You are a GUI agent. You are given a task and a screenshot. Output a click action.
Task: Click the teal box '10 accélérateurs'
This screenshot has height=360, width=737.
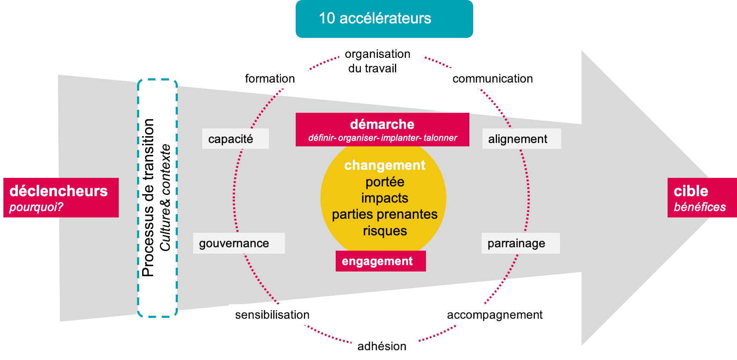coord(384,19)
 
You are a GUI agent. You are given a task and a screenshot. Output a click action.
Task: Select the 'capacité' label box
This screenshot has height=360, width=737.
coord(235,139)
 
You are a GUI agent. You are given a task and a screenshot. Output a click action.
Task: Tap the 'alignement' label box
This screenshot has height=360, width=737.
coord(521,139)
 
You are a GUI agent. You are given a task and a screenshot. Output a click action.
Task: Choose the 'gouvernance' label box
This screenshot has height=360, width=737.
coord(239,243)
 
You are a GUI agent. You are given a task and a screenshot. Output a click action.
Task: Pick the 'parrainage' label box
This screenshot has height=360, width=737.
coord(520,243)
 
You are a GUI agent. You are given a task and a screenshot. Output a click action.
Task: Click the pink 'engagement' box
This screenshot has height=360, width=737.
coord(380,261)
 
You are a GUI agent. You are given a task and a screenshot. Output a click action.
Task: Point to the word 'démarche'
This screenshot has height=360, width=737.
coord(382,124)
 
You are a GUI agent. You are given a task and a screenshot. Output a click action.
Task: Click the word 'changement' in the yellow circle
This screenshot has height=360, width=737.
coord(385,165)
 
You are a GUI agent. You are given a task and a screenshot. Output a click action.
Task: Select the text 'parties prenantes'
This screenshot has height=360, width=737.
coord(385,214)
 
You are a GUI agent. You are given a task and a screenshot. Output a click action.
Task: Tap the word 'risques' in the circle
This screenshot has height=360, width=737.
coord(385,231)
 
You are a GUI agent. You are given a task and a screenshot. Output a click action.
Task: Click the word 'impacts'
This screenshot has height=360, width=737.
coord(385,198)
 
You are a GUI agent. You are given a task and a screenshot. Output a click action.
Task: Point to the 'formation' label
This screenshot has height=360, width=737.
coord(270,78)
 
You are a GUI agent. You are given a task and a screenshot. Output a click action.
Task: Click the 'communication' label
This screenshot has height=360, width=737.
coord(493,78)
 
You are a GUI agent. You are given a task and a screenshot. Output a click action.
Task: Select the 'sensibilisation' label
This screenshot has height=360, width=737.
coord(272,315)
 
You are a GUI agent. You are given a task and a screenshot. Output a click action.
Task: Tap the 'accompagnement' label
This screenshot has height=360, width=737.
coord(495,315)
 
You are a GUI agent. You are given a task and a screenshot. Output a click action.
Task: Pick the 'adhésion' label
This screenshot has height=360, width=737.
coord(382,346)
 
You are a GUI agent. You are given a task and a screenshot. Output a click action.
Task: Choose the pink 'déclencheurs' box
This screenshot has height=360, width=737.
coord(61,197)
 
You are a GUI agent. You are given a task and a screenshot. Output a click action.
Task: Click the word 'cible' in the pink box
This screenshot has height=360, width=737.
coord(691,191)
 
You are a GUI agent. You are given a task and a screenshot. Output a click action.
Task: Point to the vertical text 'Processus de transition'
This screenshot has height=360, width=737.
coord(148,198)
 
